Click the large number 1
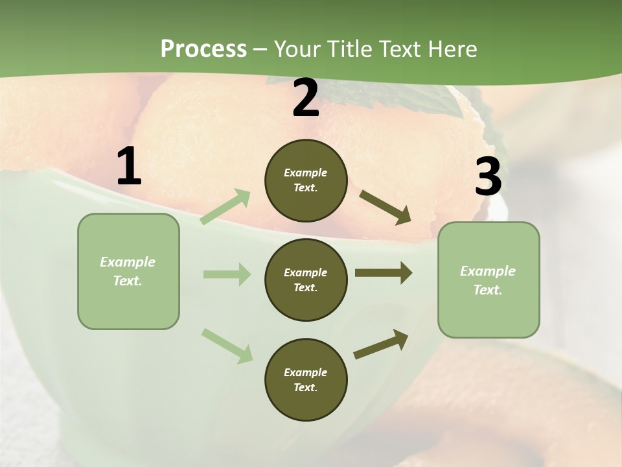tap(129, 167)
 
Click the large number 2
tap(306, 99)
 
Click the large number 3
tap(488, 177)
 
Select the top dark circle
tap(306, 180)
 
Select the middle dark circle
tap(306, 280)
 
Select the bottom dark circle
tap(306, 379)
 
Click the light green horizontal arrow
tap(227, 274)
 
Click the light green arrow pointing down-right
tap(227, 346)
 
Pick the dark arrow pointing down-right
tap(386, 208)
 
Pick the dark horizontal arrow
tap(384, 273)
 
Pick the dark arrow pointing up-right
tap(381, 344)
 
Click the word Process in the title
tap(203, 49)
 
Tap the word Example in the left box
tap(128, 262)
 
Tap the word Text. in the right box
tap(488, 290)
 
